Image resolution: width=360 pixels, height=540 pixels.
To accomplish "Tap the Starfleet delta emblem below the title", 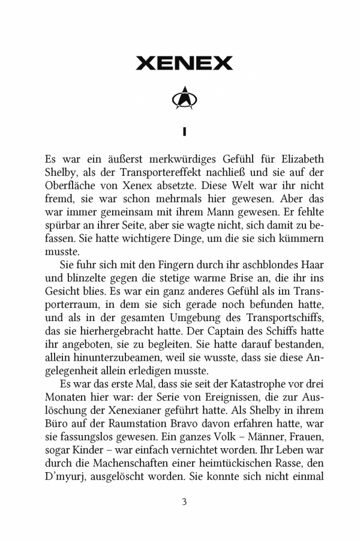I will pos(184,100).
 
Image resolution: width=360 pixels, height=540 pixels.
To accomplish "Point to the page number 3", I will pos(184,502).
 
